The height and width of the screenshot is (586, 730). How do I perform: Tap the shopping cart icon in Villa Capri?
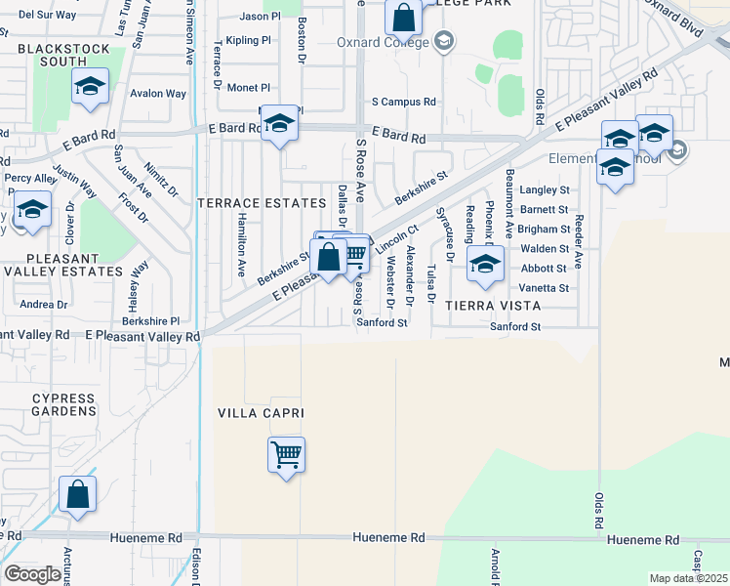point(286,455)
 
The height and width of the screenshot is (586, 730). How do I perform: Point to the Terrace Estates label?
point(262,203)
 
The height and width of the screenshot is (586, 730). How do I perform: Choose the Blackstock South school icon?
point(90,87)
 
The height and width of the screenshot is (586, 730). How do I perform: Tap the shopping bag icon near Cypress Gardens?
point(77,495)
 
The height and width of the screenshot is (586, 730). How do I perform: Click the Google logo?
point(32,574)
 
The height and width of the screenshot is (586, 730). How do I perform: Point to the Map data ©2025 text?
point(687,578)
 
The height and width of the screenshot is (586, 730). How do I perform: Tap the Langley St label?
point(544,189)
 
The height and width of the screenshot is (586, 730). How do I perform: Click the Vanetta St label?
point(544,288)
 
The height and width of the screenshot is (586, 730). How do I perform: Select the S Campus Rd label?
point(403,102)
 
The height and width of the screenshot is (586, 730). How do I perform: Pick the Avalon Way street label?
point(160,94)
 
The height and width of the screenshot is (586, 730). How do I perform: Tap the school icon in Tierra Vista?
point(485,264)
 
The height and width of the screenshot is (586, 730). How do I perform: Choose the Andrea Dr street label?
point(43,305)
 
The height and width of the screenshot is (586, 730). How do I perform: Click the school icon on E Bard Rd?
point(279,123)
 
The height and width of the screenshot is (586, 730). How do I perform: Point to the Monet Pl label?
point(248,88)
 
